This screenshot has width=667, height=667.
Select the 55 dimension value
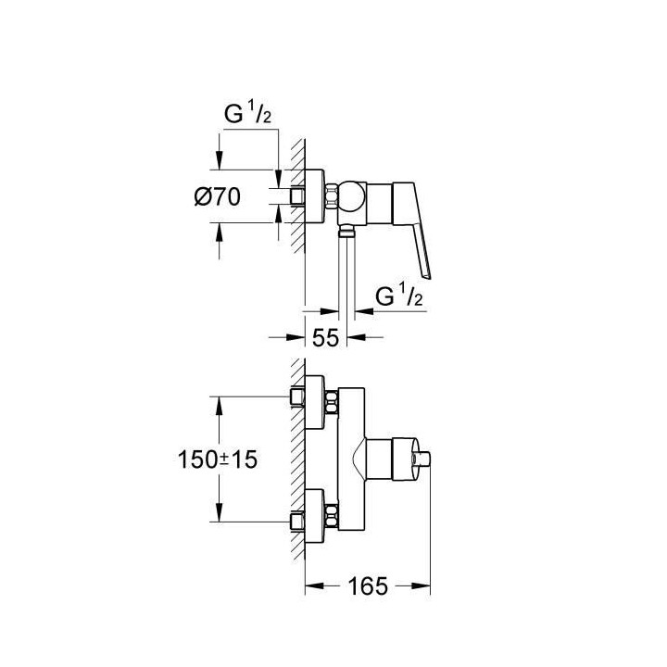tap(324, 338)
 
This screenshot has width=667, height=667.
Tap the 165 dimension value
tap(368, 586)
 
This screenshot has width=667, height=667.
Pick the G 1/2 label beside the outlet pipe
tap(400, 296)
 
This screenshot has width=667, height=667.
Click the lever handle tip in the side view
tap(427, 272)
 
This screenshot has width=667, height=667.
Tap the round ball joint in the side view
tap(352, 195)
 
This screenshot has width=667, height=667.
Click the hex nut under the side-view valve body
tap(346, 234)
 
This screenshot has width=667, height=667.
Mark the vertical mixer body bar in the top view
tap(350, 459)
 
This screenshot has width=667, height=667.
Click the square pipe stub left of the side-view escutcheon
tap(296, 197)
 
